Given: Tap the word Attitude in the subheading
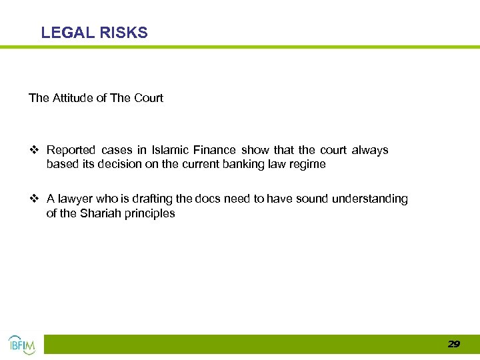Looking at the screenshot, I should click(x=72, y=98).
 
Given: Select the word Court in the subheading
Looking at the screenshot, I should click(x=149, y=98).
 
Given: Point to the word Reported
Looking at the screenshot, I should click(x=71, y=150).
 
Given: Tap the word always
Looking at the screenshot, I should click(x=370, y=150).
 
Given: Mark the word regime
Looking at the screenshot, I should click(x=308, y=164).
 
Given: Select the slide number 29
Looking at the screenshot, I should click(x=453, y=344).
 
